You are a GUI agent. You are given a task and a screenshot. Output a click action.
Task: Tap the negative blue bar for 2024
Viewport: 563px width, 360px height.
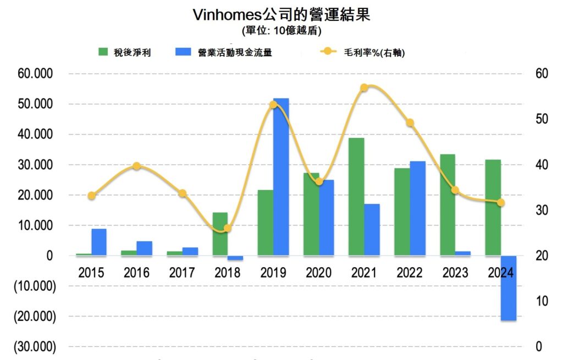509,288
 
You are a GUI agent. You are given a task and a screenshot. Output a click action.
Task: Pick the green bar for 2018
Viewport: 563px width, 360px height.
220,234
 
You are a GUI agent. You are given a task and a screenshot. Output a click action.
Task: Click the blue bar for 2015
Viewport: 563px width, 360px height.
99,242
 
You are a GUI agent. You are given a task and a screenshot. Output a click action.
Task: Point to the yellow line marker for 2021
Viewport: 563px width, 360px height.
364,88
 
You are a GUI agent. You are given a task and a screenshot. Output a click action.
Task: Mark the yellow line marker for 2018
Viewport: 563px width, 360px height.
228,228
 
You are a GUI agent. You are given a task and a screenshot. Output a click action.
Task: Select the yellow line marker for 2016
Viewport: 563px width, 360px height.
137,166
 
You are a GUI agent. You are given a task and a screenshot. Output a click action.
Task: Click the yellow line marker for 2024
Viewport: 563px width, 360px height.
500,203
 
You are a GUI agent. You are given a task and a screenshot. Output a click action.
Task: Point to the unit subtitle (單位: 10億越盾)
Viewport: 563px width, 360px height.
281,30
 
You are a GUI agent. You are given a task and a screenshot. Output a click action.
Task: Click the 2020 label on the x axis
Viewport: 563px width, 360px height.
319,273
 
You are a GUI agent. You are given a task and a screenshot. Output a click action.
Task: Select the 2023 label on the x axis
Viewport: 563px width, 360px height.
455,273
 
